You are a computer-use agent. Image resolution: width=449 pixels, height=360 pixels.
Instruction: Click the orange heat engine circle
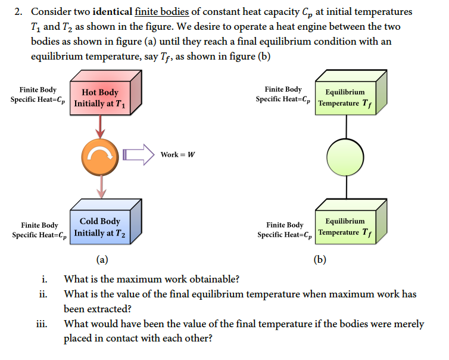101,156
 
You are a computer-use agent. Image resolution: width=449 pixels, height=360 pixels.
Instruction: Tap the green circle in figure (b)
345,156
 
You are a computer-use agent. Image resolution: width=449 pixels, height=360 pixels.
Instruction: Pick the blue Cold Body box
100,226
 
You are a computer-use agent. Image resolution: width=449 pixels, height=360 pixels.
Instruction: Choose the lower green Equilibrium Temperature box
346,226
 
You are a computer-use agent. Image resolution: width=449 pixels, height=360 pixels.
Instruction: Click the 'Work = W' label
177,155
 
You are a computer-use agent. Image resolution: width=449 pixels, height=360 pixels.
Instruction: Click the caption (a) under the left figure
102,259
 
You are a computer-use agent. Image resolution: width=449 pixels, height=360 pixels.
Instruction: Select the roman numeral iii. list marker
42,324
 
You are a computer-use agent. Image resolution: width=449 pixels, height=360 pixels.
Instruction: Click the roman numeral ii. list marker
43,294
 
